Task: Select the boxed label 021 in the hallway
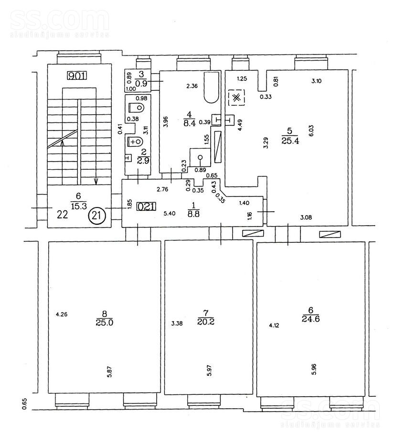pos(146,207)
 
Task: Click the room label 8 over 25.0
pos(105,318)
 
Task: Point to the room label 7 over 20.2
pos(206,317)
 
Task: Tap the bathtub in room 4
pos(212,87)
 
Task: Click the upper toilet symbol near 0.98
pos(137,108)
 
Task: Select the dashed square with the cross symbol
pos(236,98)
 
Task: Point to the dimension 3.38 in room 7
pos(177,323)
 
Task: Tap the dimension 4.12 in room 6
pos(274,326)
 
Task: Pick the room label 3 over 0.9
pos(141,79)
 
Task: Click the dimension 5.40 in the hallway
pos(170,213)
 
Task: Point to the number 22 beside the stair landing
pos(63,215)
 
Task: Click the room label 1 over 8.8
pos(193,210)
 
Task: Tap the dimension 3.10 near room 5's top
pos(317,81)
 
